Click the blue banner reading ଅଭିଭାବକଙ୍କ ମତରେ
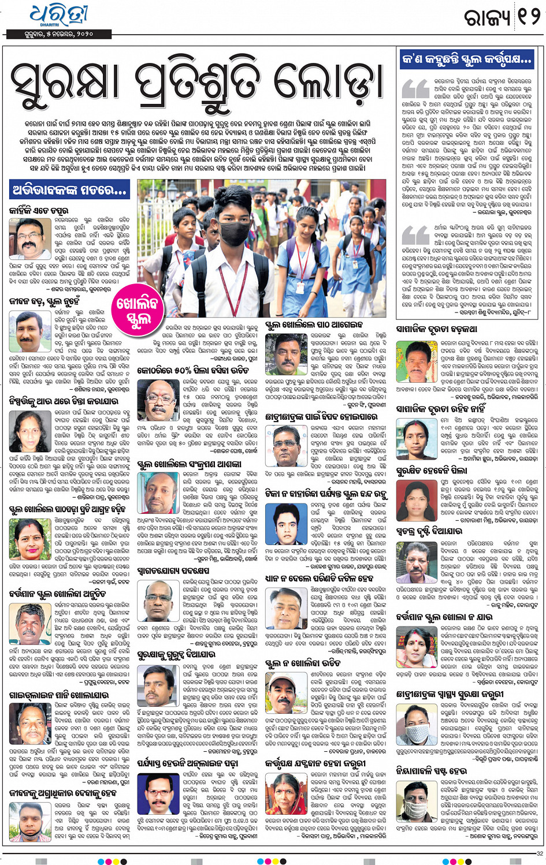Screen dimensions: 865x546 pos(69,189)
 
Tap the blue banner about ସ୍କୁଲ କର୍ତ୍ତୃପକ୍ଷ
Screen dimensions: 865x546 pos(466,59)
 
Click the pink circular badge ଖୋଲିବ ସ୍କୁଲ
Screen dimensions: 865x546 pos(137,312)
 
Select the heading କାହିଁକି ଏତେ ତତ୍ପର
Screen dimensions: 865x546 pos(39,211)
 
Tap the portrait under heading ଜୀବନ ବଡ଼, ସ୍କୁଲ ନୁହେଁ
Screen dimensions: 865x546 pos(28,329)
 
